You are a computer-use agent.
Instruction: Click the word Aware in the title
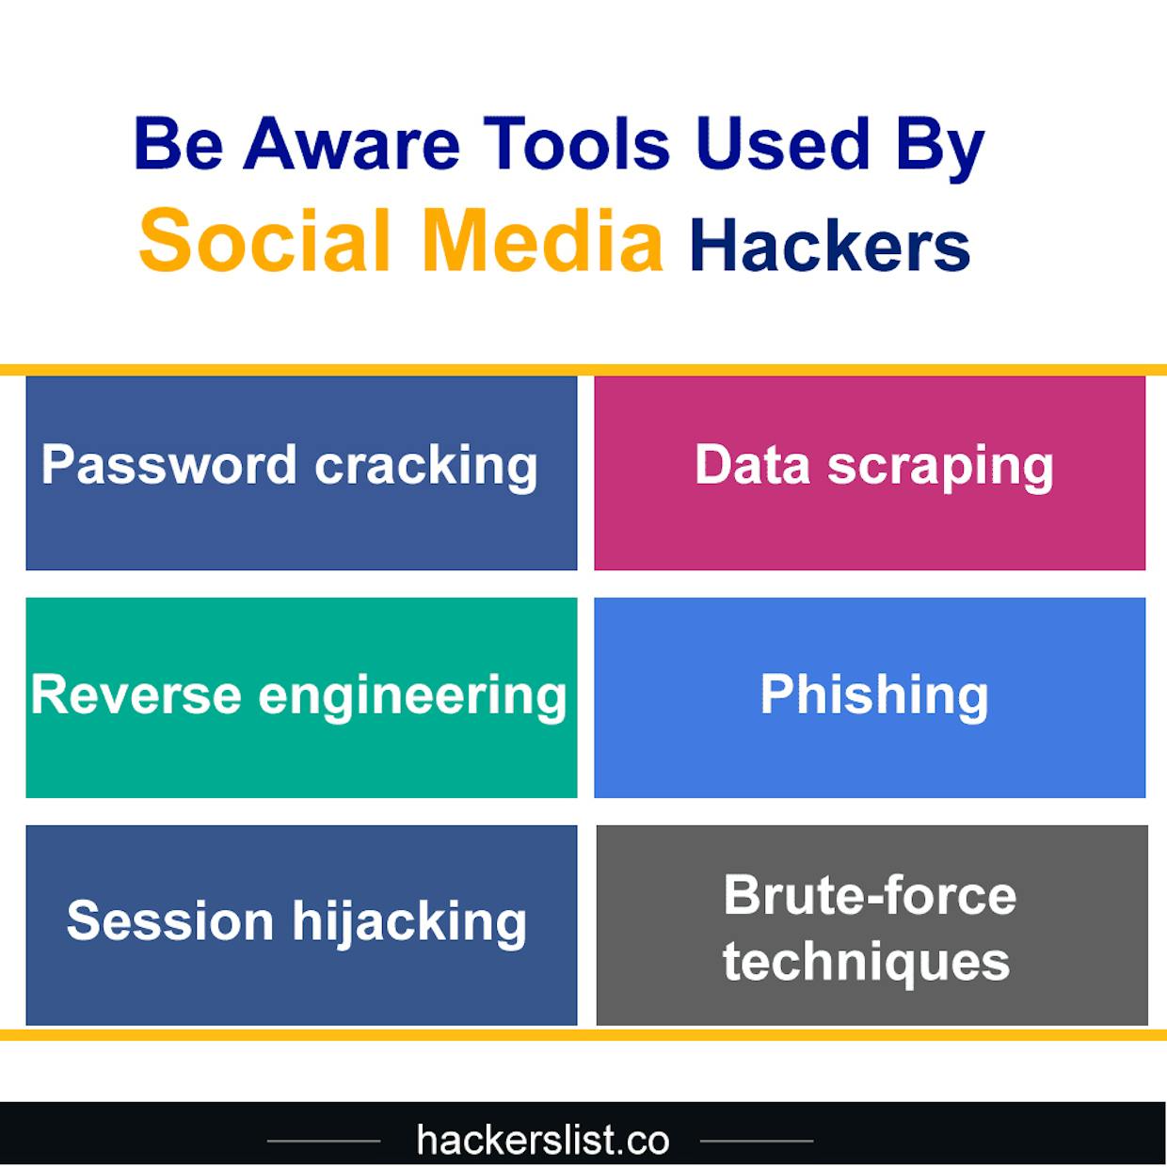(351, 144)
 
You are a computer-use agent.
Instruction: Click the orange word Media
(542, 240)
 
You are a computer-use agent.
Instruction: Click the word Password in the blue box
(168, 465)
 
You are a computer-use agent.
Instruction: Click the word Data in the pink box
(752, 465)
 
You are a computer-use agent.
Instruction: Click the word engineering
(412, 698)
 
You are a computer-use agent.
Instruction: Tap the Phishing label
(874, 697)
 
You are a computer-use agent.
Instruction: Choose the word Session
(170, 921)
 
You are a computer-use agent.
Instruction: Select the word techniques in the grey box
(866, 965)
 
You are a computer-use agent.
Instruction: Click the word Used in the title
(782, 144)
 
